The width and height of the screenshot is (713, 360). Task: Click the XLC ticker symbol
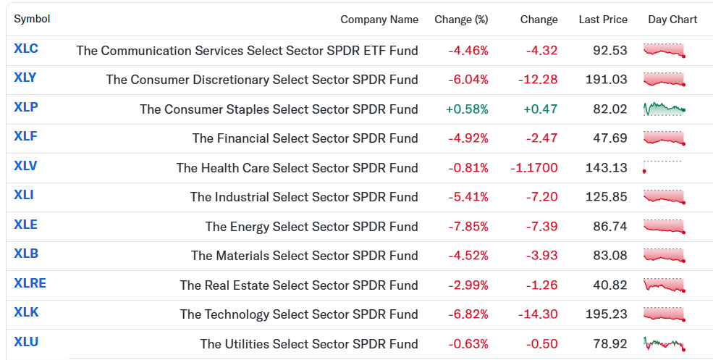tap(26, 49)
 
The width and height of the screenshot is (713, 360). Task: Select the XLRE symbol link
tap(30, 283)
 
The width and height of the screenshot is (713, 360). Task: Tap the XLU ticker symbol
tap(26, 342)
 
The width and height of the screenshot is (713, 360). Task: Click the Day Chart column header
tap(672, 20)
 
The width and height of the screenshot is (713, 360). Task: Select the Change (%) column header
tap(461, 20)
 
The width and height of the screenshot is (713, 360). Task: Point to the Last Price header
tap(603, 20)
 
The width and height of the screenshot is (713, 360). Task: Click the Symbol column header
tap(32, 19)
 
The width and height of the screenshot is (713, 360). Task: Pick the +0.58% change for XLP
tap(467, 109)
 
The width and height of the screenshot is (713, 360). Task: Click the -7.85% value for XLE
tap(468, 227)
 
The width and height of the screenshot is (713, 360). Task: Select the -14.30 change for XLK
tap(538, 314)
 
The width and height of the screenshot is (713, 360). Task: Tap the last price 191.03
tap(606, 80)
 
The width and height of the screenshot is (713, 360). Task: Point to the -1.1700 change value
tap(533, 168)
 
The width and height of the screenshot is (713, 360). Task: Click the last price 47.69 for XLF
tap(610, 138)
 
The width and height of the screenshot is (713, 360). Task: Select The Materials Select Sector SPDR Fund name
tap(305, 256)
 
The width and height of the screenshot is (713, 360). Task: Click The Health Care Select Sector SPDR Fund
tap(298, 168)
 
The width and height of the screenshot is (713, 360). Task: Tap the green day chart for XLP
tap(665, 109)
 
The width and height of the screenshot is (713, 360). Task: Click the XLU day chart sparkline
tap(665, 343)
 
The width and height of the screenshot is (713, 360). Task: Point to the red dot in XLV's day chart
tap(644, 172)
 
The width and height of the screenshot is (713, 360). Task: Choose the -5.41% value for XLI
tap(468, 197)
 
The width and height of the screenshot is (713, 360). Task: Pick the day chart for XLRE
tap(665, 285)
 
